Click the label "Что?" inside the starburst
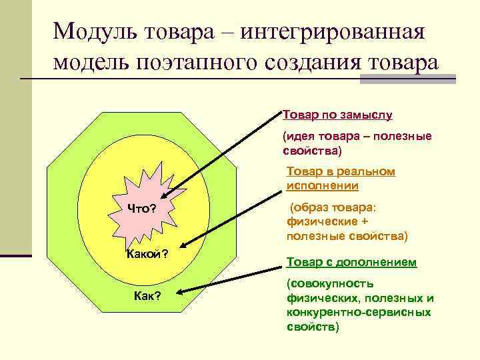(142, 209)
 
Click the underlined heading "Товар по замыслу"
(337, 114)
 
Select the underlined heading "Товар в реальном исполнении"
(341, 179)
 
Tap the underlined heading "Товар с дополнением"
(351, 262)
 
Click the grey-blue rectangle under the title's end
(407, 78)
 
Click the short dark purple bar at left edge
(16, 254)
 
